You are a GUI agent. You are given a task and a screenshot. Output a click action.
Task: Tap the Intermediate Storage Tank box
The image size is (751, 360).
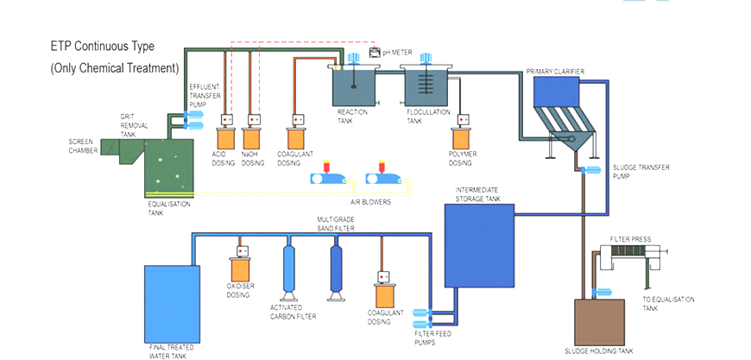(478, 245)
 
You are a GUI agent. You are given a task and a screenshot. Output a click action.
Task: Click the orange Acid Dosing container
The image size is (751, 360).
(226, 137)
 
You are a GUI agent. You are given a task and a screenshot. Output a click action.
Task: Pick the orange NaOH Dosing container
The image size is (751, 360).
(253, 137)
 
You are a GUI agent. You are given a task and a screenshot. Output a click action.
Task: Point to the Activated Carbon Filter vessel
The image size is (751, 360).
(288, 269)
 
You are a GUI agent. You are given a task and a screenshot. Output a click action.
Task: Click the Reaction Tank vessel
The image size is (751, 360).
(355, 86)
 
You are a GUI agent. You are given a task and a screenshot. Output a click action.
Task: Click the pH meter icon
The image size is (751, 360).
(375, 52)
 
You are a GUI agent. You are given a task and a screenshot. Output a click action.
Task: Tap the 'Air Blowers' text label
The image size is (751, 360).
(370, 201)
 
